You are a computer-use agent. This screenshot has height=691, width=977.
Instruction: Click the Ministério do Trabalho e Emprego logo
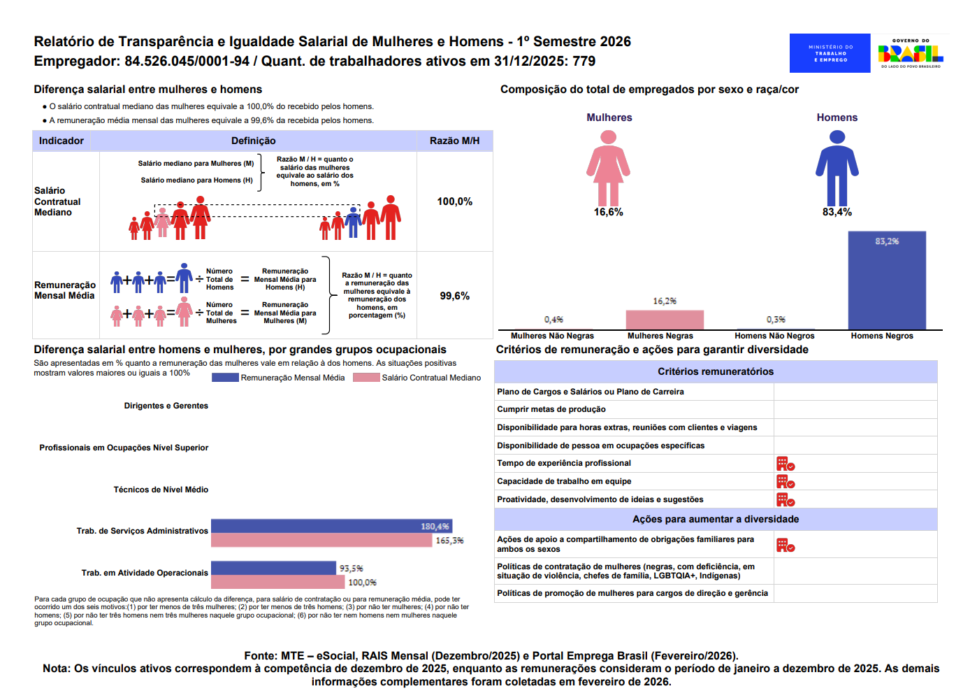tap(830, 53)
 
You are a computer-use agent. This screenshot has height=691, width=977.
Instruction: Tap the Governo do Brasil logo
tap(911, 53)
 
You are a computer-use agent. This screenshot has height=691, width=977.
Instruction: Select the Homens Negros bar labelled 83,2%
tap(887, 280)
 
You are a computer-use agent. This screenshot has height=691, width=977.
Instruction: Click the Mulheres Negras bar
tap(665, 320)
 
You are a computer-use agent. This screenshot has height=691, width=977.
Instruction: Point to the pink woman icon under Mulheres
tap(608, 168)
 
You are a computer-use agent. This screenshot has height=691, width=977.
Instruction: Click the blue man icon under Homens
tap(837, 168)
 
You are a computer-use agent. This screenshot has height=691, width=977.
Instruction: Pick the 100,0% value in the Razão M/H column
tap(454, 201)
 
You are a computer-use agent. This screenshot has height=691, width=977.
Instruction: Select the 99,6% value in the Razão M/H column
tap(454, 296)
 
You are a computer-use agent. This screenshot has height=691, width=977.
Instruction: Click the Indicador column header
tap(61, 141)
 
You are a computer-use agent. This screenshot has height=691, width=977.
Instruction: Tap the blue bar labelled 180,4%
tap(331, 526)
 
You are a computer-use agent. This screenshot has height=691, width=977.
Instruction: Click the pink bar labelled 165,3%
tap(321, 540)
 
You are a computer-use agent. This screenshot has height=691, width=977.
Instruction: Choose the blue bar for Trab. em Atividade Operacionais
tap(273, 568)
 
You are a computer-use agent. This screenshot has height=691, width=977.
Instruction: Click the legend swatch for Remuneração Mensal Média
tap(225, 378)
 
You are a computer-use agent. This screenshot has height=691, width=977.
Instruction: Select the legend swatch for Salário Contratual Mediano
tap(366, 378)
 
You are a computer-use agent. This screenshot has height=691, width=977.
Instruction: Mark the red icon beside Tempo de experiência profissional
tap(786, 464)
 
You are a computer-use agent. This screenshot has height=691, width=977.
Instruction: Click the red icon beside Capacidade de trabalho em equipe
tap(786, 481)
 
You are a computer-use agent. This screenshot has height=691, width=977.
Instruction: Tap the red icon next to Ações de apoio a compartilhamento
tap(786, 546)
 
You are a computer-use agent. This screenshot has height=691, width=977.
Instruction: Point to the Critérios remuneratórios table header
tap(716, 371)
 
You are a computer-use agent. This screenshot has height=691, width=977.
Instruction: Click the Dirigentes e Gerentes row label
tap(166, 406)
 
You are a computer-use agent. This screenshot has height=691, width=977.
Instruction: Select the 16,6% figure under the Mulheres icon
tap(608, 212)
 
